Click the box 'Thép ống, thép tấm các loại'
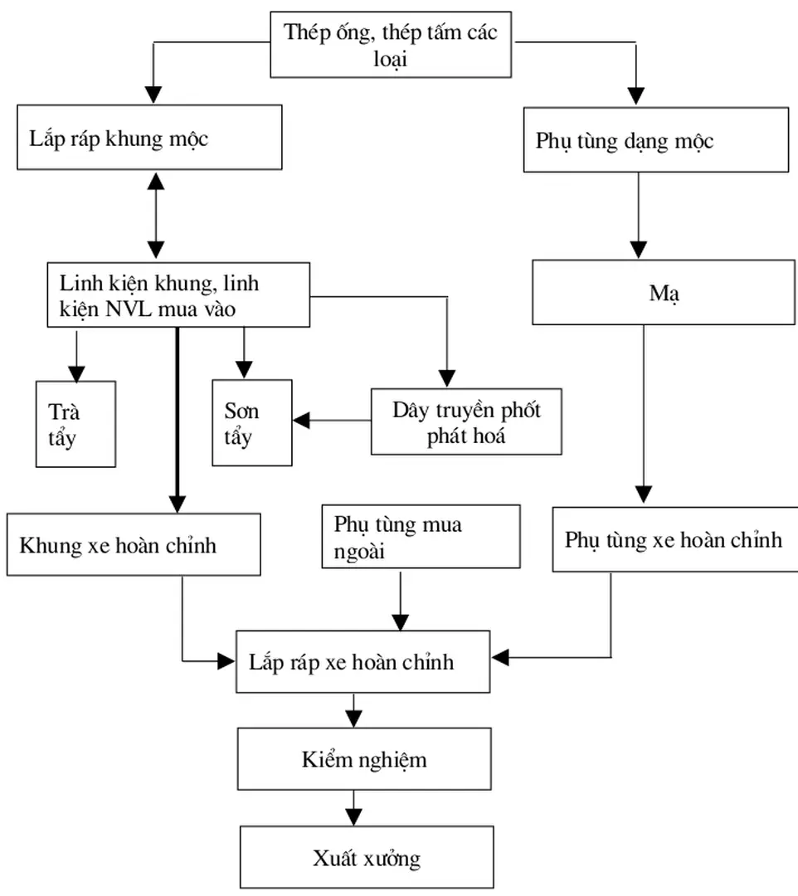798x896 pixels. coord(391,46)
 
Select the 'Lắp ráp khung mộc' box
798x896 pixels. coord(148,138)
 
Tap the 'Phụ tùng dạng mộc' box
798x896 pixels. coord(655,140)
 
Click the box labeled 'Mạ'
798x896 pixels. coord(663,293)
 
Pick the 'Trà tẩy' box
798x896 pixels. coord(75,424)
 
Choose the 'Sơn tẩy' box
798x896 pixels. coord(252,422)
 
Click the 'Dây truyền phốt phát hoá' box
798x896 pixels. coord(466,421)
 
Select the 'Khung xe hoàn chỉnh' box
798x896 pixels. coord(133,545)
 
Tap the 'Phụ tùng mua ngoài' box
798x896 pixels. coord(421,537)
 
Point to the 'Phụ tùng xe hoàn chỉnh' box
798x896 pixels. coord(674,540)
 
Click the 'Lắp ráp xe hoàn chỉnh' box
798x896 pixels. coord(363,662)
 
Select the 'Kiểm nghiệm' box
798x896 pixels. coord(364,759)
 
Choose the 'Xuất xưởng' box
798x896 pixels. coord(367,857)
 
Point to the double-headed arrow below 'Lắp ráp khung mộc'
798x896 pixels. coord(155,216)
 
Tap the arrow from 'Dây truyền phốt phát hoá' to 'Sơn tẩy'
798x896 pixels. coord(332,421)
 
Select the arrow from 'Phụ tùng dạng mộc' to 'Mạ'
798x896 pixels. coord(637,216)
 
